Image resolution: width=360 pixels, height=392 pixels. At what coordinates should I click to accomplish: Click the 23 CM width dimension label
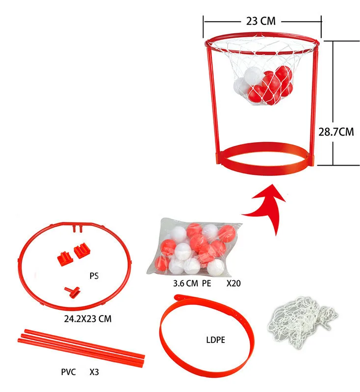(x=260, y=21)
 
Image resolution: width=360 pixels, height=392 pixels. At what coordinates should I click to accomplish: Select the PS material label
(x=94, y=276)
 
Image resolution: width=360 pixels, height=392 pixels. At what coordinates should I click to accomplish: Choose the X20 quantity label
(x=234, y=283)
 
